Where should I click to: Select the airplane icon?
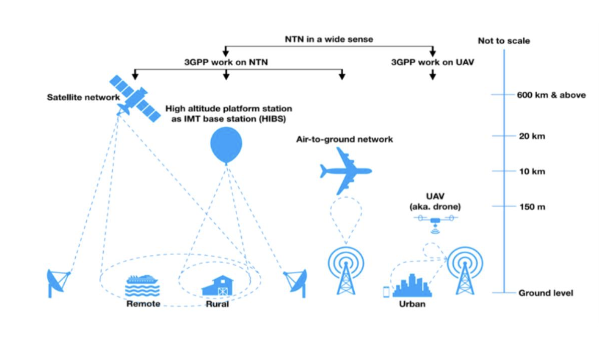click(346, 171)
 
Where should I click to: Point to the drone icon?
click(435, 221)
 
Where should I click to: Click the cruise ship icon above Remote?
click(142, 286)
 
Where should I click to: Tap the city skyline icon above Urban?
click(412, 286)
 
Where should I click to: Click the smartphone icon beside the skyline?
click(385, 291)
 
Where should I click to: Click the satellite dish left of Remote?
click(58, 282)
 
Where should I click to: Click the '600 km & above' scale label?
click(551, 95)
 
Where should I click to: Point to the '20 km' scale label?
click(532, 136)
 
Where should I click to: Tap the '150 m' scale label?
click(532, 207)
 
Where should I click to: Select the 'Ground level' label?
click(546, 293)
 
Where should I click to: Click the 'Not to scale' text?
click(504, 41)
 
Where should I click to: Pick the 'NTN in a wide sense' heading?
click(329, 39)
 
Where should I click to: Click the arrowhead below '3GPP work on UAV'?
click(432, 76)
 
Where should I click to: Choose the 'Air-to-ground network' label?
click(345, 139)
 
